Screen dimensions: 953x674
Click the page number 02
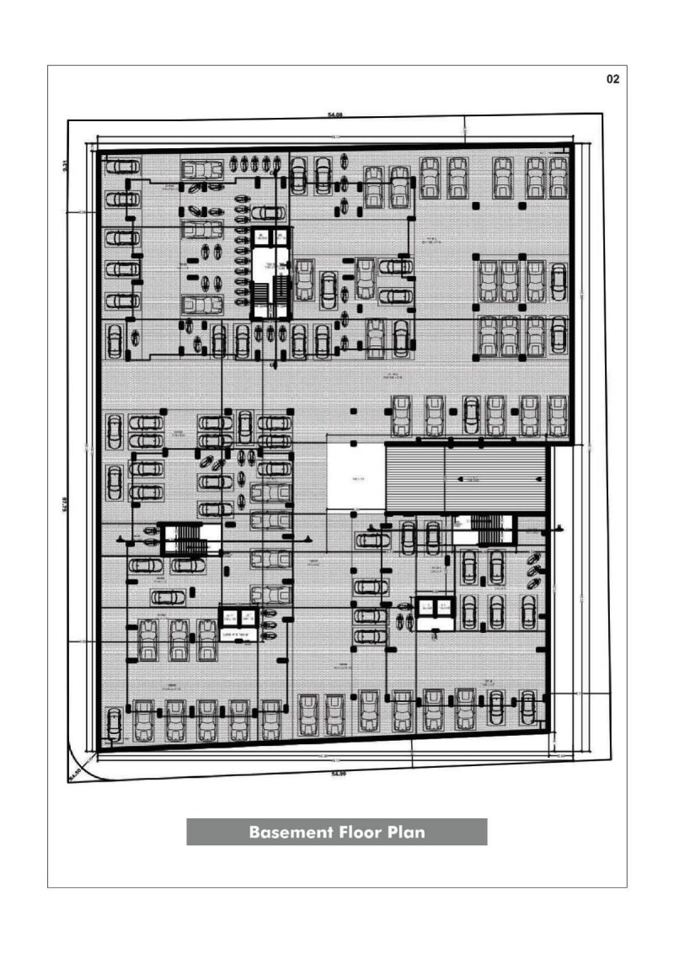[612, 79]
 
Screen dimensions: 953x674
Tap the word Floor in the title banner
[360, 833]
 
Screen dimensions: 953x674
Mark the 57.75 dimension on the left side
[65, 503]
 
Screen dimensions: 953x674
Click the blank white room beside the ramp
[355, 477]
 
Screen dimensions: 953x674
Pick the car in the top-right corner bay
[558, 176]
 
